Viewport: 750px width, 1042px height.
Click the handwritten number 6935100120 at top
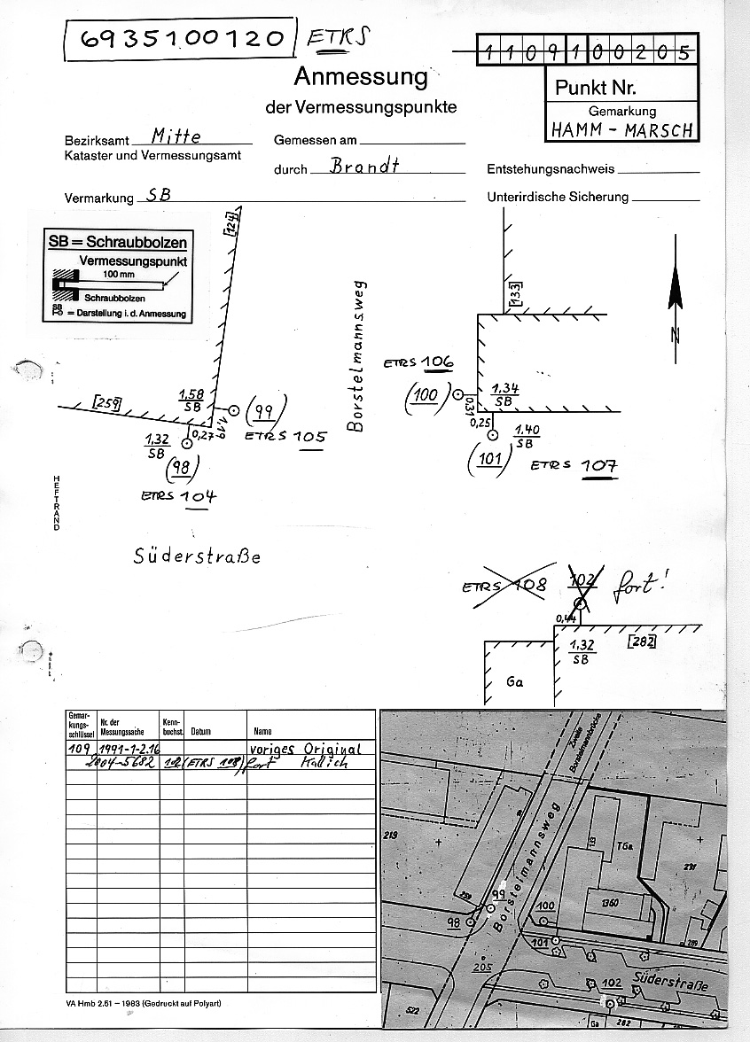point(183,39)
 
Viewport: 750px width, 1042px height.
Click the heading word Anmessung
point(360,77)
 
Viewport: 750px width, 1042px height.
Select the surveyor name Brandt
point(363,166)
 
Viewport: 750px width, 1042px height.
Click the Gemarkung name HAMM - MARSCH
point(621,128)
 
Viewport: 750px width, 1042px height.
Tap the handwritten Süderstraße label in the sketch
point(198,556)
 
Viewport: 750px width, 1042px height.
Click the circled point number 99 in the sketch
point(262,410)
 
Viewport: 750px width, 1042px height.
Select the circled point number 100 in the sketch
point(426,394)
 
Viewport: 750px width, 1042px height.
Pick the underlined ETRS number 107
point(599,465)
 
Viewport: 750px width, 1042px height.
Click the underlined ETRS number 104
point(198,496)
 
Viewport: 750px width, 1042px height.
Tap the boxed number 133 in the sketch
point(515,292)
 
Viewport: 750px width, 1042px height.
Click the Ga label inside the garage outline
point(516,684)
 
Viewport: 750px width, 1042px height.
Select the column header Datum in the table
point(200,732)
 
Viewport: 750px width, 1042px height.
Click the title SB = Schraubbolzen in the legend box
point(116,242)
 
